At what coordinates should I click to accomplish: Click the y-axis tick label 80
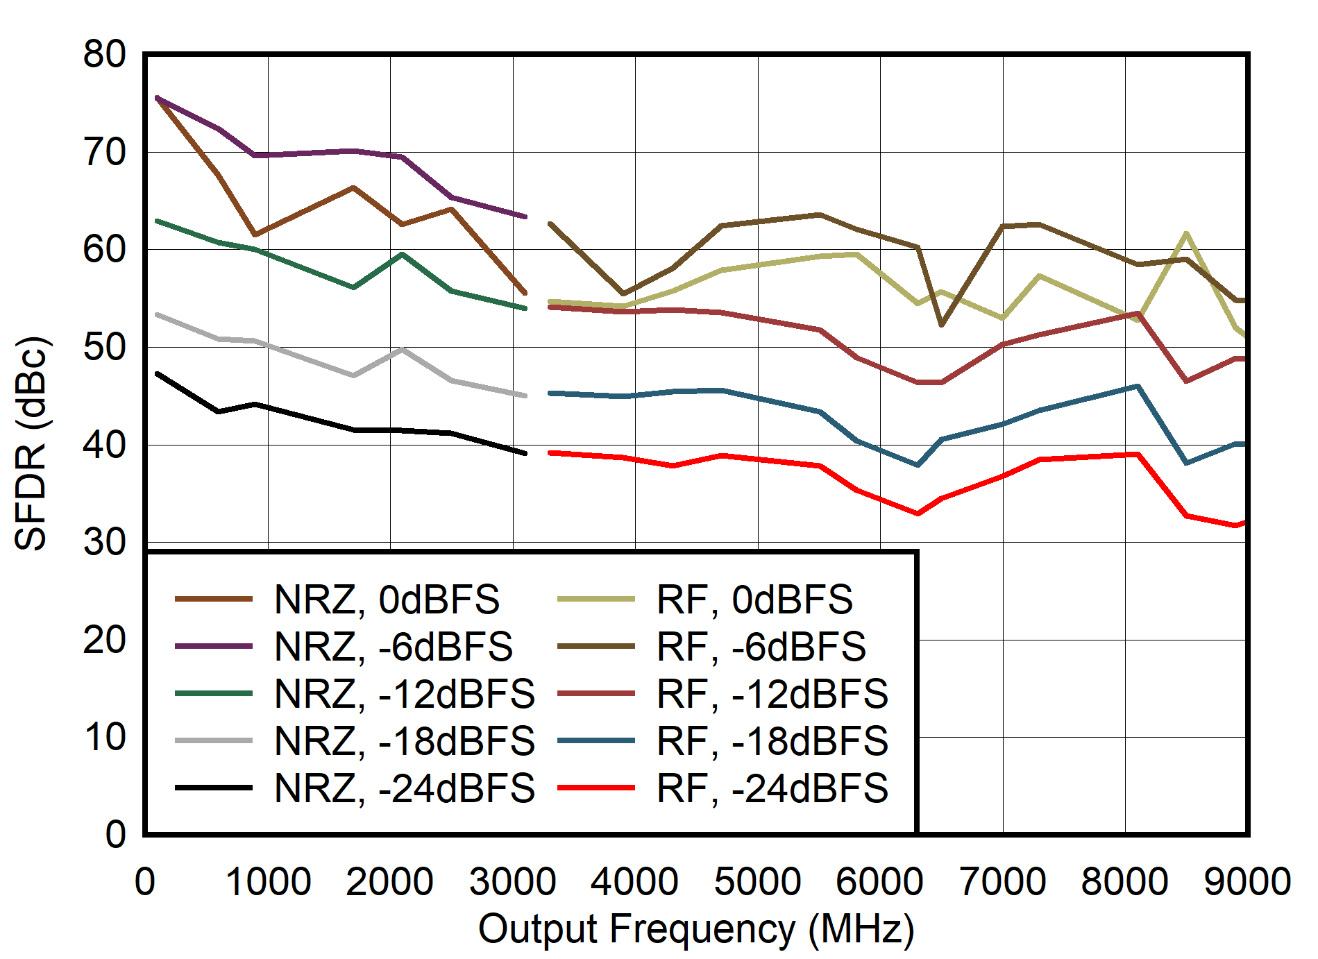click(105, 54)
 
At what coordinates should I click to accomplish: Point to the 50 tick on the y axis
click(105, 347)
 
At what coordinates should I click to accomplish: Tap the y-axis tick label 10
click(105, 737)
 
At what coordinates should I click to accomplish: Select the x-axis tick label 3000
click(512, 882)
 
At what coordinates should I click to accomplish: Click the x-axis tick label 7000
click(1002, 882)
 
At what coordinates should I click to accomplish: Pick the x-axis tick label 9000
click(1247, 882)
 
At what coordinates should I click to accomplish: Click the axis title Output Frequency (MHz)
click(696, 928)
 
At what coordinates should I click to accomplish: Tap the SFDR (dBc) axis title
click(31, 444)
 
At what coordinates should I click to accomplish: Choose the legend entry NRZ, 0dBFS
click(387, 599)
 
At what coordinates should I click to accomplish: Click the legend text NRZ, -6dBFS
click(393, 646)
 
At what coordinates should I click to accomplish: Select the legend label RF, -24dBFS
click(772, 788)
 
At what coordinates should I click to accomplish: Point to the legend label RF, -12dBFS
click(772, 693)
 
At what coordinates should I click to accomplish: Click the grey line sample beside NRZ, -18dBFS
click(214, 740)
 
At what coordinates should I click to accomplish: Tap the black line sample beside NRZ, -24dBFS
click(214, 788)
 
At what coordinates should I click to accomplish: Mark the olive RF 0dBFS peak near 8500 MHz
click(1186, 233)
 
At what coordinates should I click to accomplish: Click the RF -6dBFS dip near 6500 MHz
click(941, 325)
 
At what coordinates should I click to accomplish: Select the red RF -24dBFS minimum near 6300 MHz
click(918, 514)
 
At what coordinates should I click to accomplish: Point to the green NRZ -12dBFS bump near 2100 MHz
click(403, 255)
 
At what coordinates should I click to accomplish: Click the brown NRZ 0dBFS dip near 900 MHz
click(255, 235)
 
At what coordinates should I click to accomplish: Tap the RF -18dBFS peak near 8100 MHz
click(1138, 386)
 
